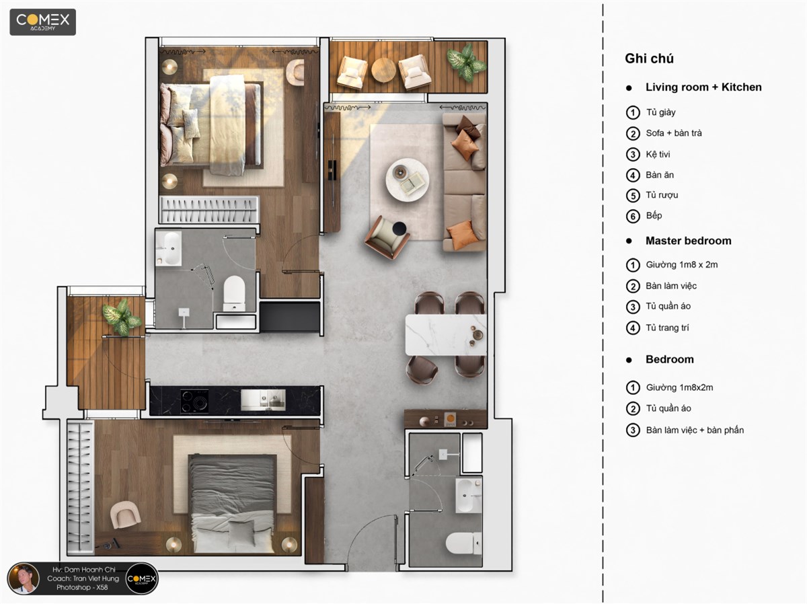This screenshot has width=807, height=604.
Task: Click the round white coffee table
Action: click(x=407, y=180)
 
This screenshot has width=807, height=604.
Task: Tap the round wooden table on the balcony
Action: click(x=383, y=70)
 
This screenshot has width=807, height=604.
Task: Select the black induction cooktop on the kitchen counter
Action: click(x=194, y=401)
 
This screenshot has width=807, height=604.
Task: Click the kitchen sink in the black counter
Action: click(x=263, y=400)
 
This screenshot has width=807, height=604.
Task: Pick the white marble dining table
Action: click(x=446, y=334)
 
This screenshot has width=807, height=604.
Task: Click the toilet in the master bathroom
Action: click(x=234, y=293)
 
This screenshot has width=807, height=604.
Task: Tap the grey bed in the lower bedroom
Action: click(x=233, y=504)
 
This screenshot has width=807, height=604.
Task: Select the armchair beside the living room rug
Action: click(x=387, y=237)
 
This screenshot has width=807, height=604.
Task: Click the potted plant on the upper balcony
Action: click(x=466, y=62)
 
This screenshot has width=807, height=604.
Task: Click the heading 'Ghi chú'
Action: click(x=649, y=59)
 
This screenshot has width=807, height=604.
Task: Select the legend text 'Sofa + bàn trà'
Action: click(x=674, y=133)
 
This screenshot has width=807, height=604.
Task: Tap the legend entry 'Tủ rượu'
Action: click(x=662, y=195)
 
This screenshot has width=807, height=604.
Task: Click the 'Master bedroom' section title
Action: click(x=688, y=241)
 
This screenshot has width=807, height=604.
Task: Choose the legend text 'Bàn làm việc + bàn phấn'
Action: click(x=695, y=430)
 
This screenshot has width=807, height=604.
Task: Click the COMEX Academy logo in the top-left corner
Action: click(x=42, y=22)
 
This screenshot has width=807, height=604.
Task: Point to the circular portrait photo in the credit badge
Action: click(x=24, y=578)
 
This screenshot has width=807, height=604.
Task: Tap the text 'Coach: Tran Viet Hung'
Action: click(x=83, y=578)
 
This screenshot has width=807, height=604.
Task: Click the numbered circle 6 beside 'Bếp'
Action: click(x=633, y=216)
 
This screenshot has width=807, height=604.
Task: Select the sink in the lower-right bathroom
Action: click(x=469, y=495)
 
